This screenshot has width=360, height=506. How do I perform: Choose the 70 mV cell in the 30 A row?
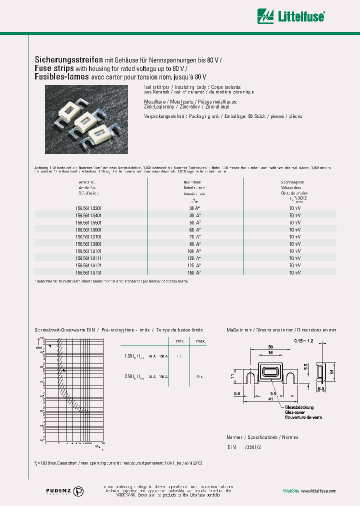coord(294,207)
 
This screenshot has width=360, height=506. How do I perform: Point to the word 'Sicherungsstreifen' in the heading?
coord(68,59)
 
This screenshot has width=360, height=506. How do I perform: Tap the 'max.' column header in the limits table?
coord(201,340)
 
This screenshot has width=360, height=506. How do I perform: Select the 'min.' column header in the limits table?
coord(179,340)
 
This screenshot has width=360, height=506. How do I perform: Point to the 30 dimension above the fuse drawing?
coord(270,347)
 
